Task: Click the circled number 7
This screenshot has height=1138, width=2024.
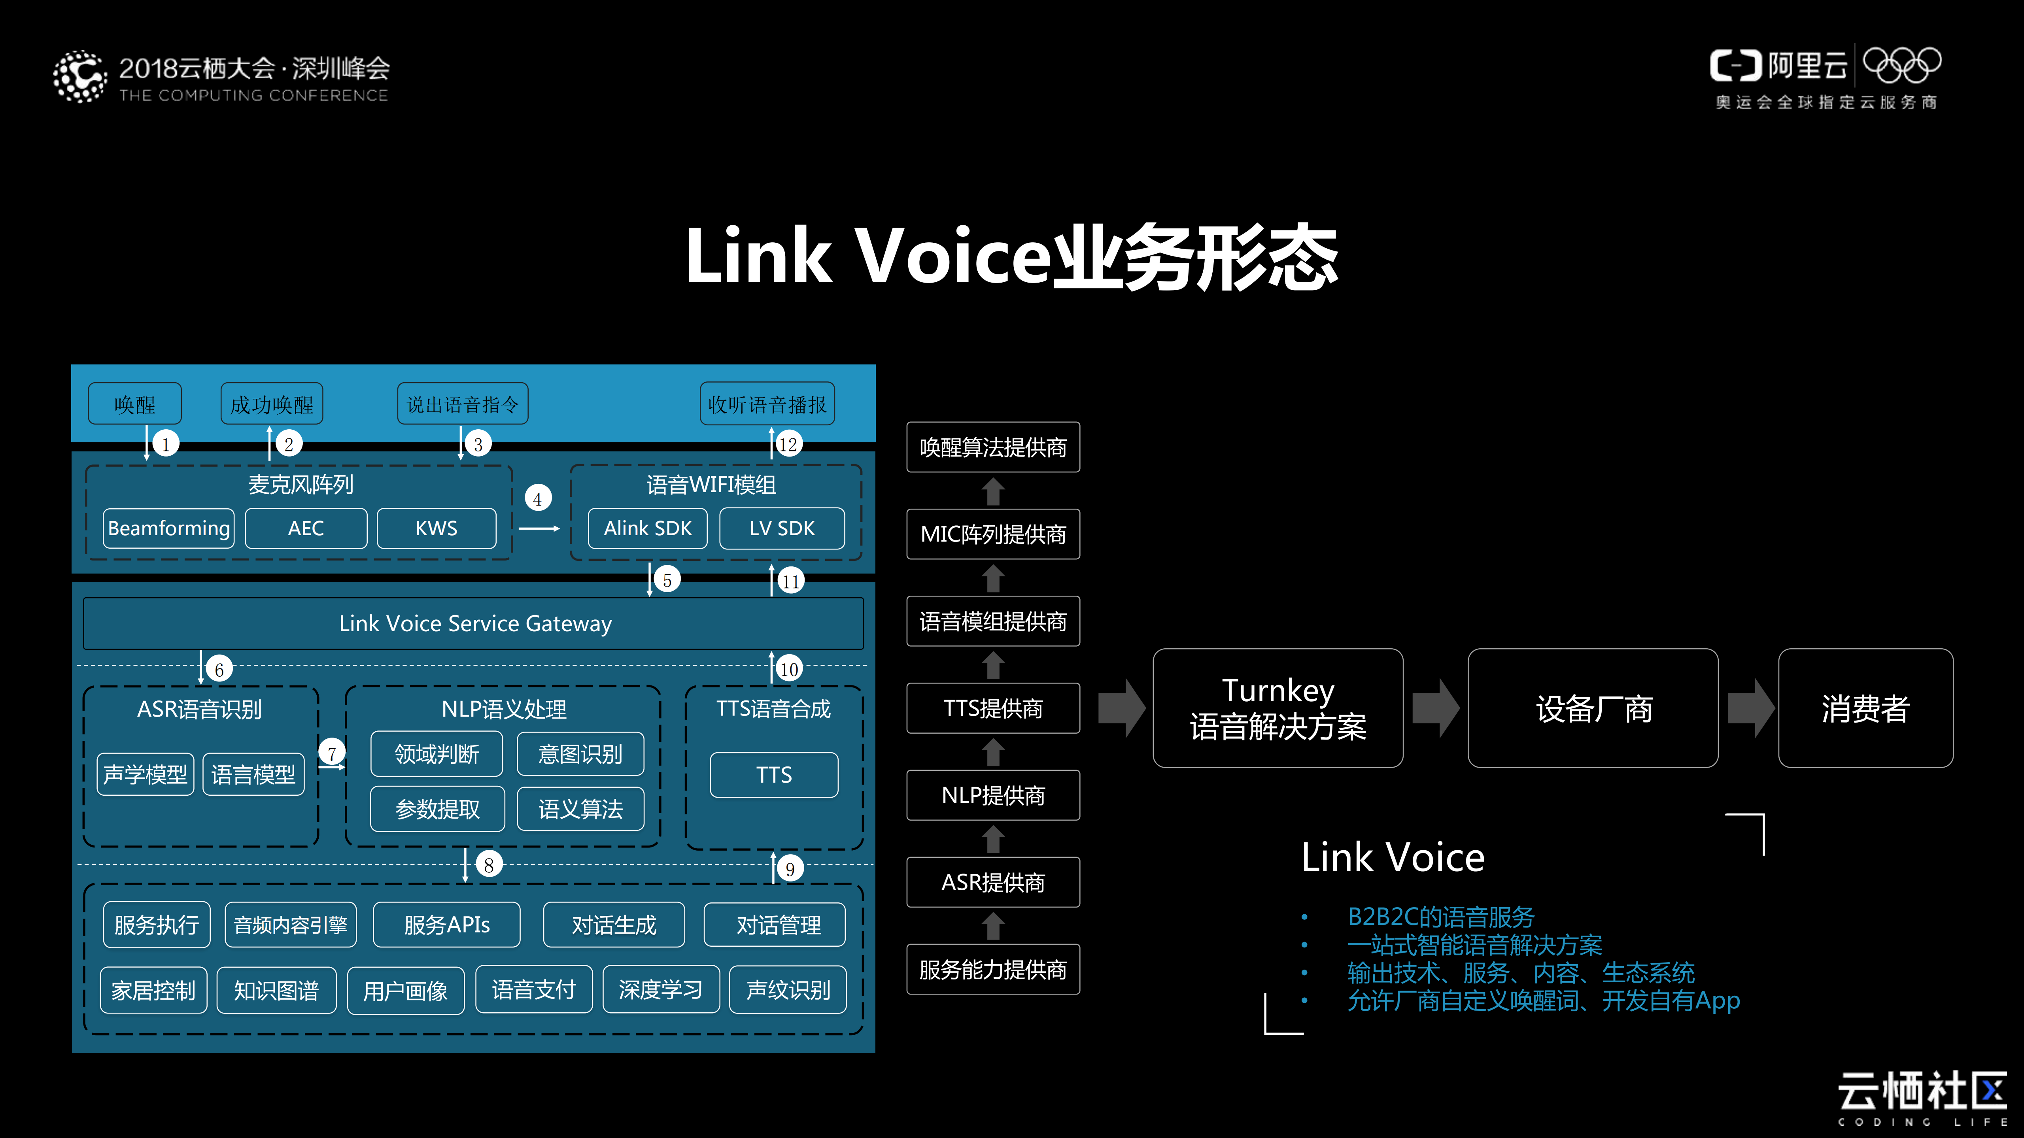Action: (332, 752)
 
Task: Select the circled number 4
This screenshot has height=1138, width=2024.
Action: (537, 498)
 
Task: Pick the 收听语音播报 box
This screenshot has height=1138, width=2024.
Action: (767, 404)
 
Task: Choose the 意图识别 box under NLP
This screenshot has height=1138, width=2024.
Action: (580, 754)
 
